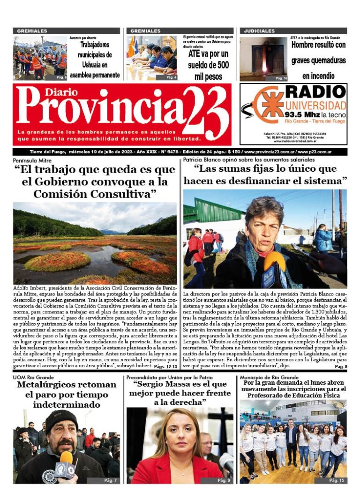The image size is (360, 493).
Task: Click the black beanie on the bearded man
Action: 61,417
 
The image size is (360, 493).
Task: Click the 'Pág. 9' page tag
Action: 224,480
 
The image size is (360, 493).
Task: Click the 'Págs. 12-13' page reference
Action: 165,366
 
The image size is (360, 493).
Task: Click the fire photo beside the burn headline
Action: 263,59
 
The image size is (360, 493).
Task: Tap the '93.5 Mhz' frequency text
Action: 303,114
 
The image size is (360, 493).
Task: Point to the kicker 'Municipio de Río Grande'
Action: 269,377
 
